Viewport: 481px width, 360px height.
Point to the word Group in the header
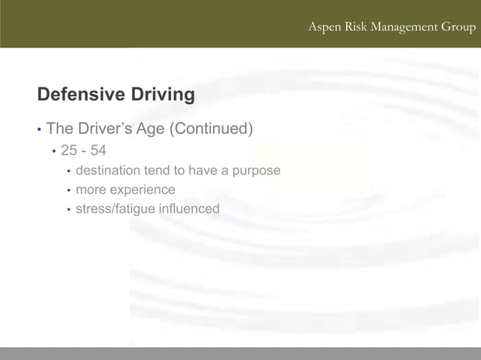click(458, 28)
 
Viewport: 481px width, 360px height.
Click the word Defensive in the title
click(81, 95)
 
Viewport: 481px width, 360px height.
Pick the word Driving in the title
click(163, 95)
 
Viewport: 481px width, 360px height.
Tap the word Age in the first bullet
click(151, 129)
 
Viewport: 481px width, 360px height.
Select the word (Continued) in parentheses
click(210, 129)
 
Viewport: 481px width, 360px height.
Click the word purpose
click(256, 171)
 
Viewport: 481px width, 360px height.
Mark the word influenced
click(189, 209)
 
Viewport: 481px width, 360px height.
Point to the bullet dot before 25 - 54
click(54, 151)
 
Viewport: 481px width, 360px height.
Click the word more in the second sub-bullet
click(90, 190)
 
